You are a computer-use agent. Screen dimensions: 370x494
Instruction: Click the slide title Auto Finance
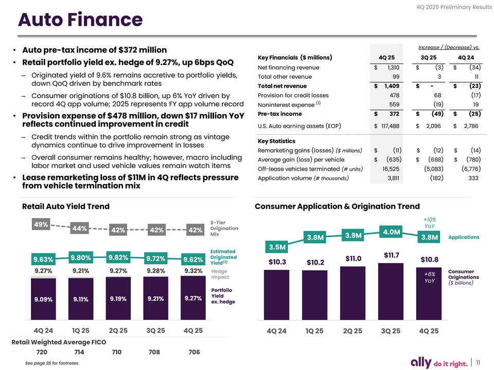pyautogui.click(x=80, y=20)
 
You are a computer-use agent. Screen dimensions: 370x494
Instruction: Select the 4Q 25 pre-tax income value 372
pyautogui.click(x=394, y=114)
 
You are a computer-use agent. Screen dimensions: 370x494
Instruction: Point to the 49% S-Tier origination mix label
pyautogui.click(x=41, y=225)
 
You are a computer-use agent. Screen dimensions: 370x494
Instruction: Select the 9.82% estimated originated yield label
pyautogui.click(x=118, y=257)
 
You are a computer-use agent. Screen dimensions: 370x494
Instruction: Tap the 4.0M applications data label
pyautogui.click(x=392, y=232)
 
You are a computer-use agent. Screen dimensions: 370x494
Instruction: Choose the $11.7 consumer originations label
pyautogui.click(x=391, y=255)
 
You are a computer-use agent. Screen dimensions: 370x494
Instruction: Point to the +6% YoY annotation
pyautogui.click(x=430, y=277)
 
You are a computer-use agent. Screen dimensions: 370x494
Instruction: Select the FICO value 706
pyautogui.click(x=193, y=353)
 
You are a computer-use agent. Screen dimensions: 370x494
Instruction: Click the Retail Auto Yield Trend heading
pyautogui.click(x=65, y=207)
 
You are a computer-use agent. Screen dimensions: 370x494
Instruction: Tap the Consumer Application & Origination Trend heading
pyautogui.click(x=337, y=207)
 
